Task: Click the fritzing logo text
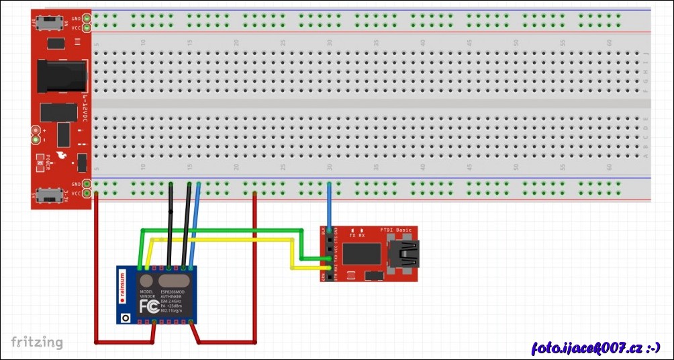37,342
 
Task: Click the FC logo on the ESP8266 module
148,307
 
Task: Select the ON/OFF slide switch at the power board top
49,24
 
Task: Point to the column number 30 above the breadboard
330,42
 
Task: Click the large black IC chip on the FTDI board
361,254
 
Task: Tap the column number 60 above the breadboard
609,42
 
